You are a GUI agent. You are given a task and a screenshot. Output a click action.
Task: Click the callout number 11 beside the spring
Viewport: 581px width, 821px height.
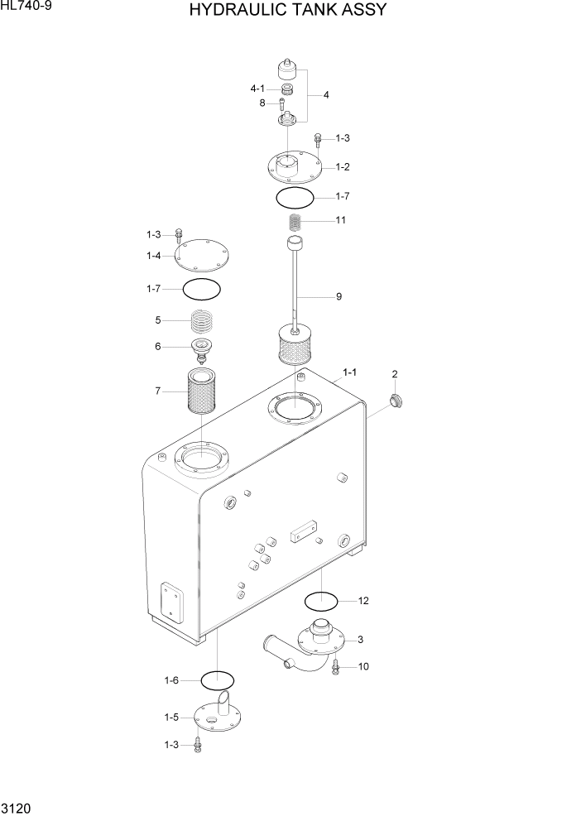tap(341, 220)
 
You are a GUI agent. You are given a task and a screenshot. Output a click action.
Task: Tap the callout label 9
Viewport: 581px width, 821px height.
tap(339, 296)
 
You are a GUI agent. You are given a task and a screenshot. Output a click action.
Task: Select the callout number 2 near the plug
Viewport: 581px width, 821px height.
tap(395, 374)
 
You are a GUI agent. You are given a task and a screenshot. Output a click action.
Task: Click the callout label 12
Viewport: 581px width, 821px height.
tap(363, 601)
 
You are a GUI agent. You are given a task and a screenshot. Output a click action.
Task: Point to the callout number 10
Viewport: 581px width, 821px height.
tap(363, 665)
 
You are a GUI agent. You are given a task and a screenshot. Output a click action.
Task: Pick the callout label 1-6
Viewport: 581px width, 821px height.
tap(171, 680)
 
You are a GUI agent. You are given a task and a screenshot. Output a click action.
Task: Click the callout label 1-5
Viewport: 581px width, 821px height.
tap(171, 717)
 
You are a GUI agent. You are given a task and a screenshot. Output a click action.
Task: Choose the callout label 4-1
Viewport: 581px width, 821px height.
tap(257, 89)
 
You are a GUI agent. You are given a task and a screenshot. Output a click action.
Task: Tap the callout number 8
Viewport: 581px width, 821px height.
tap(262, 103)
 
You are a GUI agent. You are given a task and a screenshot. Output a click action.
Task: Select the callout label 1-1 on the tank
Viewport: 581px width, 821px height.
tap(350, 372)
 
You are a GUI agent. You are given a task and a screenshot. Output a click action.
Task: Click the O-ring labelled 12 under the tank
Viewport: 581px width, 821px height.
tap(321, 599)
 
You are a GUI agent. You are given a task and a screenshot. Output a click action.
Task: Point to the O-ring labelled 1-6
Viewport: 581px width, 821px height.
tap(217, 680)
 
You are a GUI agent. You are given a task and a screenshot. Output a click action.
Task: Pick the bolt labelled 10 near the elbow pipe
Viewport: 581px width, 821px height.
tap(336, 665)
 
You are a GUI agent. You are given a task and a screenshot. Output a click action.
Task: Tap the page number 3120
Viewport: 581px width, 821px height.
tap(17, 805)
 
